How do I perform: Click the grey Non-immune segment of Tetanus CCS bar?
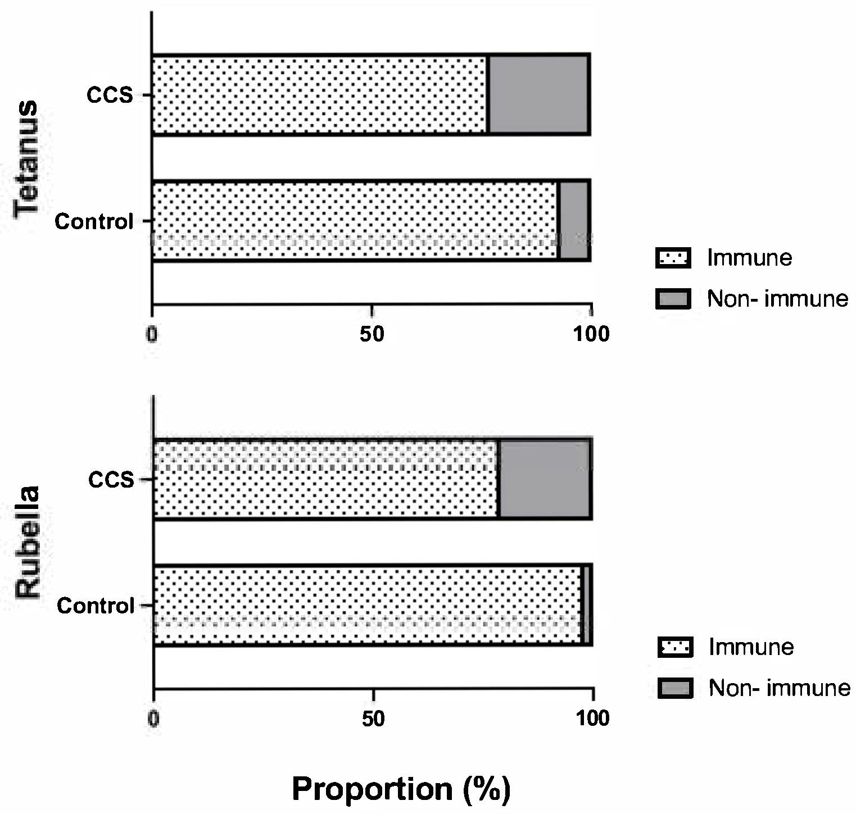538,94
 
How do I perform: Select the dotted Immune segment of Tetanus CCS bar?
319,94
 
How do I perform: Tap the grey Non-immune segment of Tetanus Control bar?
573,220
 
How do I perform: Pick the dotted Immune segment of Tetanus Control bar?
354,220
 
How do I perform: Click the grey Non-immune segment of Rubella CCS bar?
544,479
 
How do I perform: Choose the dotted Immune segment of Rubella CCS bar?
326,479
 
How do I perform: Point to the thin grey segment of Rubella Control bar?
585,606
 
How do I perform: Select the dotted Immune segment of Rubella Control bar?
366,606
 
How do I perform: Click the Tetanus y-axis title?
27,158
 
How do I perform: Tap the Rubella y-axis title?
28,542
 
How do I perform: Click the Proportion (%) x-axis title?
401,789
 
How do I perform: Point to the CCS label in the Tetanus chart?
110,95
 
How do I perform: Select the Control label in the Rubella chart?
96,606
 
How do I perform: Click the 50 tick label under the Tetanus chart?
372,334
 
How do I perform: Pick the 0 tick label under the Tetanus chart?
152,334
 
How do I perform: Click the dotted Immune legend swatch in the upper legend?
673,258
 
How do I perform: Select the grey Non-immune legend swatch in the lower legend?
675,688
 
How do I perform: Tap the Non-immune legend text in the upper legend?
777,299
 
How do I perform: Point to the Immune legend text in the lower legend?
751,647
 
